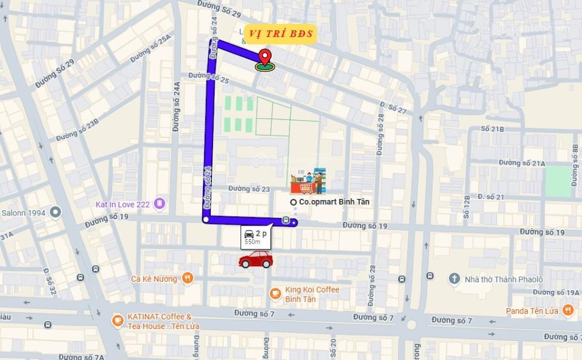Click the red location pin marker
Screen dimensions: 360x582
point(265,58)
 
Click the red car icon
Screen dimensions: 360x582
point(255,260)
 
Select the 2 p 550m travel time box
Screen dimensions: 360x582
point(256,237)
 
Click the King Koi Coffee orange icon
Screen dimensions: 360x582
point(275,293)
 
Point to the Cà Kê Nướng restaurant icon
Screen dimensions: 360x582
point(188,278)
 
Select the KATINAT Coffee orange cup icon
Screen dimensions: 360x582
point(118,321)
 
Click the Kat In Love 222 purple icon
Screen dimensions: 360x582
point(159,204)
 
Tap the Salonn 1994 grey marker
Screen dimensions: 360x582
point(56,212)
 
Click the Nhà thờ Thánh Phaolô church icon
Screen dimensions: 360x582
point(454,279)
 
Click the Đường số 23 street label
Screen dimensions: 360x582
point(250,189)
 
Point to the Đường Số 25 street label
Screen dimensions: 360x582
point(208,77)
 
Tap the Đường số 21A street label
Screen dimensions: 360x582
point(522,163)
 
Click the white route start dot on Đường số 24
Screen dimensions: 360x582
point(205,220)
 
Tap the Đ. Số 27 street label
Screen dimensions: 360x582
point(393,108)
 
